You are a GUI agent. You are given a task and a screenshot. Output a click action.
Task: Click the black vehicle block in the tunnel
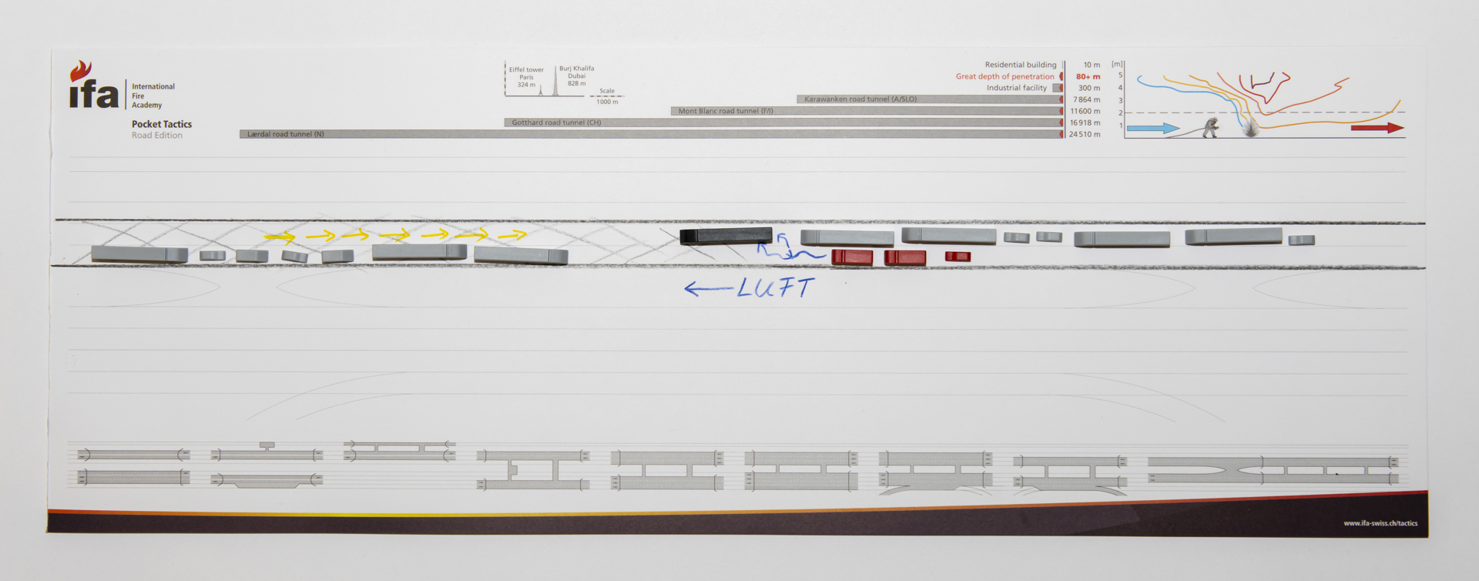[x=726, y=236]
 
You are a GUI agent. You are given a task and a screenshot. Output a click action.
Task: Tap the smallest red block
[x=957, y=257]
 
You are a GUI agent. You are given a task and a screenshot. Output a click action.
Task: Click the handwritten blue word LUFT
[x=775, y=288]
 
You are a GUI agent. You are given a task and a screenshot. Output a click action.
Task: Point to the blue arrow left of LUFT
[x=707, y=289]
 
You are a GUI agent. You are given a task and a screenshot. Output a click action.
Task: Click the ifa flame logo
[x=81, y=72]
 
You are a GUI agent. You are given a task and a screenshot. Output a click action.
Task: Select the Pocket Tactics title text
[x=162, y=124]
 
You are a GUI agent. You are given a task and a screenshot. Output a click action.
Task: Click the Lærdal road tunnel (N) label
[x=285, y=134]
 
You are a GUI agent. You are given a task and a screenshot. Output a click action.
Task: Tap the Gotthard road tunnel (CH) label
[x=556, y=123]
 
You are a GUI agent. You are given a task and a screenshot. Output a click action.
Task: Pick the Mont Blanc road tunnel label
[x=726, y=111]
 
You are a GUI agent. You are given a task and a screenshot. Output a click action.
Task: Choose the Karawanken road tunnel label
[x=860, y=99]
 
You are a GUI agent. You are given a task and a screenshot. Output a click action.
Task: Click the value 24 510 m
[x=1084, y=135]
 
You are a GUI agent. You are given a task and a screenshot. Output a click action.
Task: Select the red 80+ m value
[x=1088, y=77]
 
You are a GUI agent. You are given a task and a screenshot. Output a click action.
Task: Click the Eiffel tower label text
[x=526, y=70]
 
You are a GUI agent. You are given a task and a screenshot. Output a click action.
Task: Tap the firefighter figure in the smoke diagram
[x=1211, y=127]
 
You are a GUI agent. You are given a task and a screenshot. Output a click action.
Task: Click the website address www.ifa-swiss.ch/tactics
[x=1380, y=523]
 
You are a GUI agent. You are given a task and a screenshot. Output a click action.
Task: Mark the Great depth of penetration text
[x=1004, y=77]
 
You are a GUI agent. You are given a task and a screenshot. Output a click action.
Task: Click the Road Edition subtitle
[x=157, y=136]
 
